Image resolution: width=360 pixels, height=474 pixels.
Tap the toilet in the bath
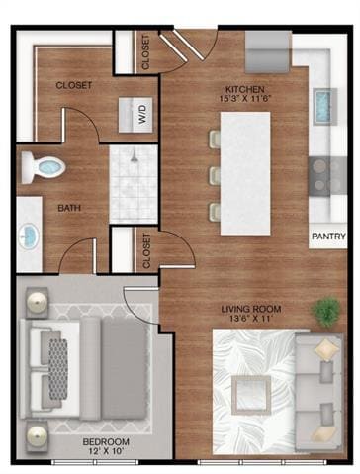click(45, 167)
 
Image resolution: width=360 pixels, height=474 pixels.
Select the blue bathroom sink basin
click(28, 237)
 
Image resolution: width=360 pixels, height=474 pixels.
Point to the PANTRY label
click(327, 237)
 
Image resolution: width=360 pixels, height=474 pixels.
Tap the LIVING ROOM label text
click(250, 309)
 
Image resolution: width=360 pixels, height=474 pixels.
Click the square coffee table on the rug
click(252, 395)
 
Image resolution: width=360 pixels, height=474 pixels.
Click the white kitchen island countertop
click(244, 173)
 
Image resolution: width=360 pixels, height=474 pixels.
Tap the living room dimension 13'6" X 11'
click(250, 320)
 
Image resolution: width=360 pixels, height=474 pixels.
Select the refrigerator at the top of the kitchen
click(267, 49)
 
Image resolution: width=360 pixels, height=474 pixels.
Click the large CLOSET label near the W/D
click(74, 85)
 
